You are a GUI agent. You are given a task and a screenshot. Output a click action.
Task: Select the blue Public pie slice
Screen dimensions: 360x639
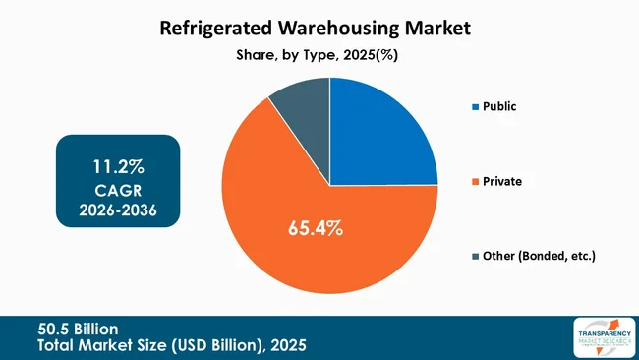(378, 133)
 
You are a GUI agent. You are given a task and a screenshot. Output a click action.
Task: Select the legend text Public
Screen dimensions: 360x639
(501, 106)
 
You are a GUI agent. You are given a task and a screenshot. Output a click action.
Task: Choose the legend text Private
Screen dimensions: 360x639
(503, 181)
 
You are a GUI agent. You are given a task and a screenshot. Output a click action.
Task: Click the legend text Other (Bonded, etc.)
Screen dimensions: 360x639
(540, 256)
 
